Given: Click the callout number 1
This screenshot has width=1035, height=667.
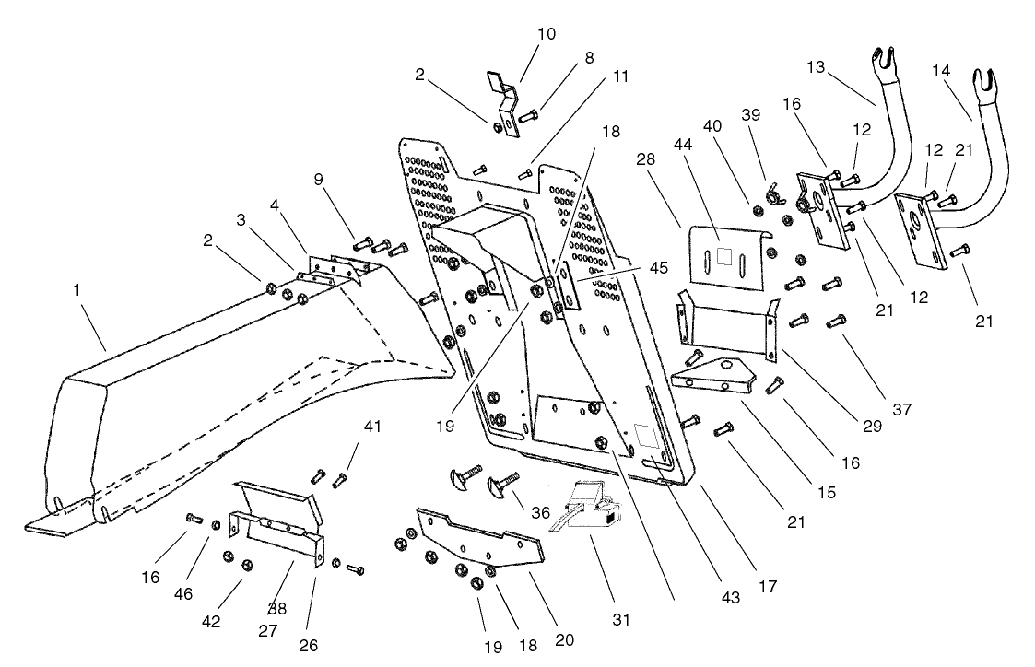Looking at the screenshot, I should coord(77,290).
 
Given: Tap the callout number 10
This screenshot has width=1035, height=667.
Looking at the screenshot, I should coord(547,34).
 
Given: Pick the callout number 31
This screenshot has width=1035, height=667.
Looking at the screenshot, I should coord(621,620).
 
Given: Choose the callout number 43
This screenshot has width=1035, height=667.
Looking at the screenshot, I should coord(730,598).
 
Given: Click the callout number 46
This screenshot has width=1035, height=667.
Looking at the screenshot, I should coord(183,594).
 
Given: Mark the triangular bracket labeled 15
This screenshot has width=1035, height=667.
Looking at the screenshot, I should coord(717,375).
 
